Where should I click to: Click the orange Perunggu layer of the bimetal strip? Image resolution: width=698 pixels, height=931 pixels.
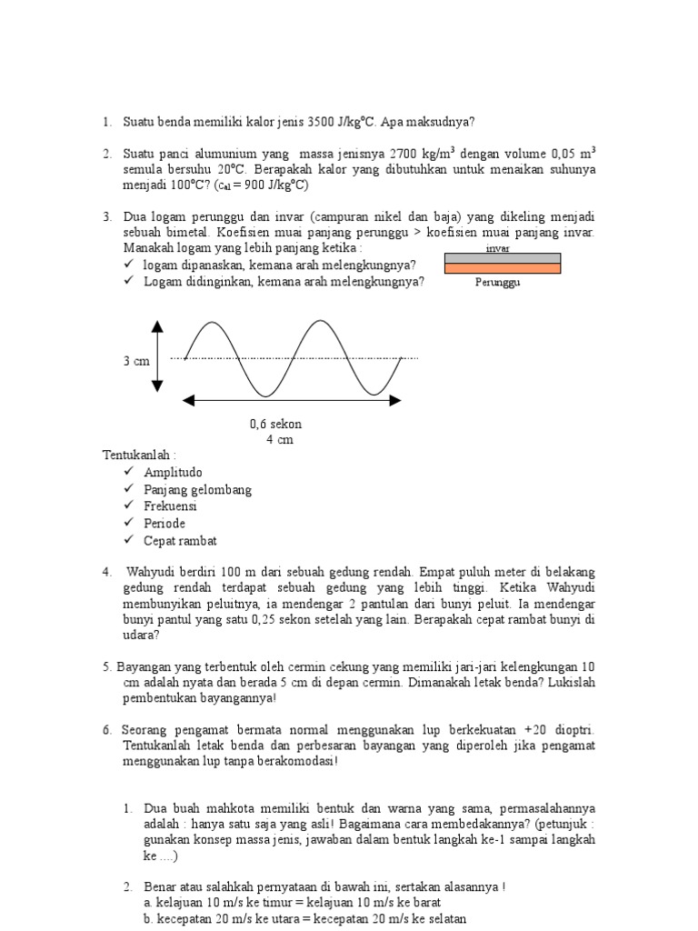click(x=502, y=268)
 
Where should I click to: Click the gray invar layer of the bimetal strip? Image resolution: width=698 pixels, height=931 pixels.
click(x=502, y=258)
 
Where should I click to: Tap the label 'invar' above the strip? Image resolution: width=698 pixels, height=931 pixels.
click(x=498, y=247)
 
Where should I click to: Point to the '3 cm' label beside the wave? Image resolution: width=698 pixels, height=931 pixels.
click(x=136, y=361)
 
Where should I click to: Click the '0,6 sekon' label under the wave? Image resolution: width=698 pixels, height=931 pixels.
click(x=275, y=424)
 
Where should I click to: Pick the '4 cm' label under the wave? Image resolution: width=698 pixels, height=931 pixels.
click(x=279, y=439)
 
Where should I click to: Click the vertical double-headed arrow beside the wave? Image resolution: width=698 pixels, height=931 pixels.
click(x=157, y=356)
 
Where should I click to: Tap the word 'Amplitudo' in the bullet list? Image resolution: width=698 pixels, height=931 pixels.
click(x=173, y=473)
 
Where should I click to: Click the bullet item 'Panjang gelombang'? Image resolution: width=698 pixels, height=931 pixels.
click(x=197, y=490)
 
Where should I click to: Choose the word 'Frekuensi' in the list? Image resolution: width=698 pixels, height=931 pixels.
click(x=170, y=506)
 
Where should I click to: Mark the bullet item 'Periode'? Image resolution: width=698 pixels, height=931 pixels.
click(x=165, y=524)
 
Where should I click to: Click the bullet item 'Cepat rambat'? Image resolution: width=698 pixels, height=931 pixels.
click(x=180, y=541)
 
